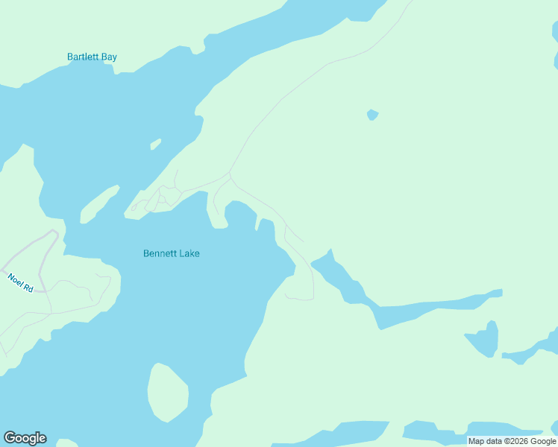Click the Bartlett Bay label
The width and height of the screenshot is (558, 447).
coord(92,57)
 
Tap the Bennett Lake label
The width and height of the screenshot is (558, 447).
coord(171,253)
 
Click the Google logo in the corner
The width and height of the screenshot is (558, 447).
coord(25,438)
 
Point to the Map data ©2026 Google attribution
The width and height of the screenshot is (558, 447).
coord(512,441)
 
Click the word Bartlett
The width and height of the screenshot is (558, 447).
coord(83,57)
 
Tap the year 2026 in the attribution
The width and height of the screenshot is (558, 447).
coord(518,441)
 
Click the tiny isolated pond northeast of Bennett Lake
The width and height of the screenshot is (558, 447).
coord(372,115)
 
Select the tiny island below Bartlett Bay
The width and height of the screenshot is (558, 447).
coord(155,144)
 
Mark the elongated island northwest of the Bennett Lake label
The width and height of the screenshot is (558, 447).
coord(98,203)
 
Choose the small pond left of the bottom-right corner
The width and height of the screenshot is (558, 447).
coord(483,339)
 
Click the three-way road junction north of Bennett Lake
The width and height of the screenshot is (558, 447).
coord(230,176)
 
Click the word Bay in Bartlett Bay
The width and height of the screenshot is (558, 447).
coord(109,57)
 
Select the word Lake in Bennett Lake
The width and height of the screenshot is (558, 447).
coord(189,253)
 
